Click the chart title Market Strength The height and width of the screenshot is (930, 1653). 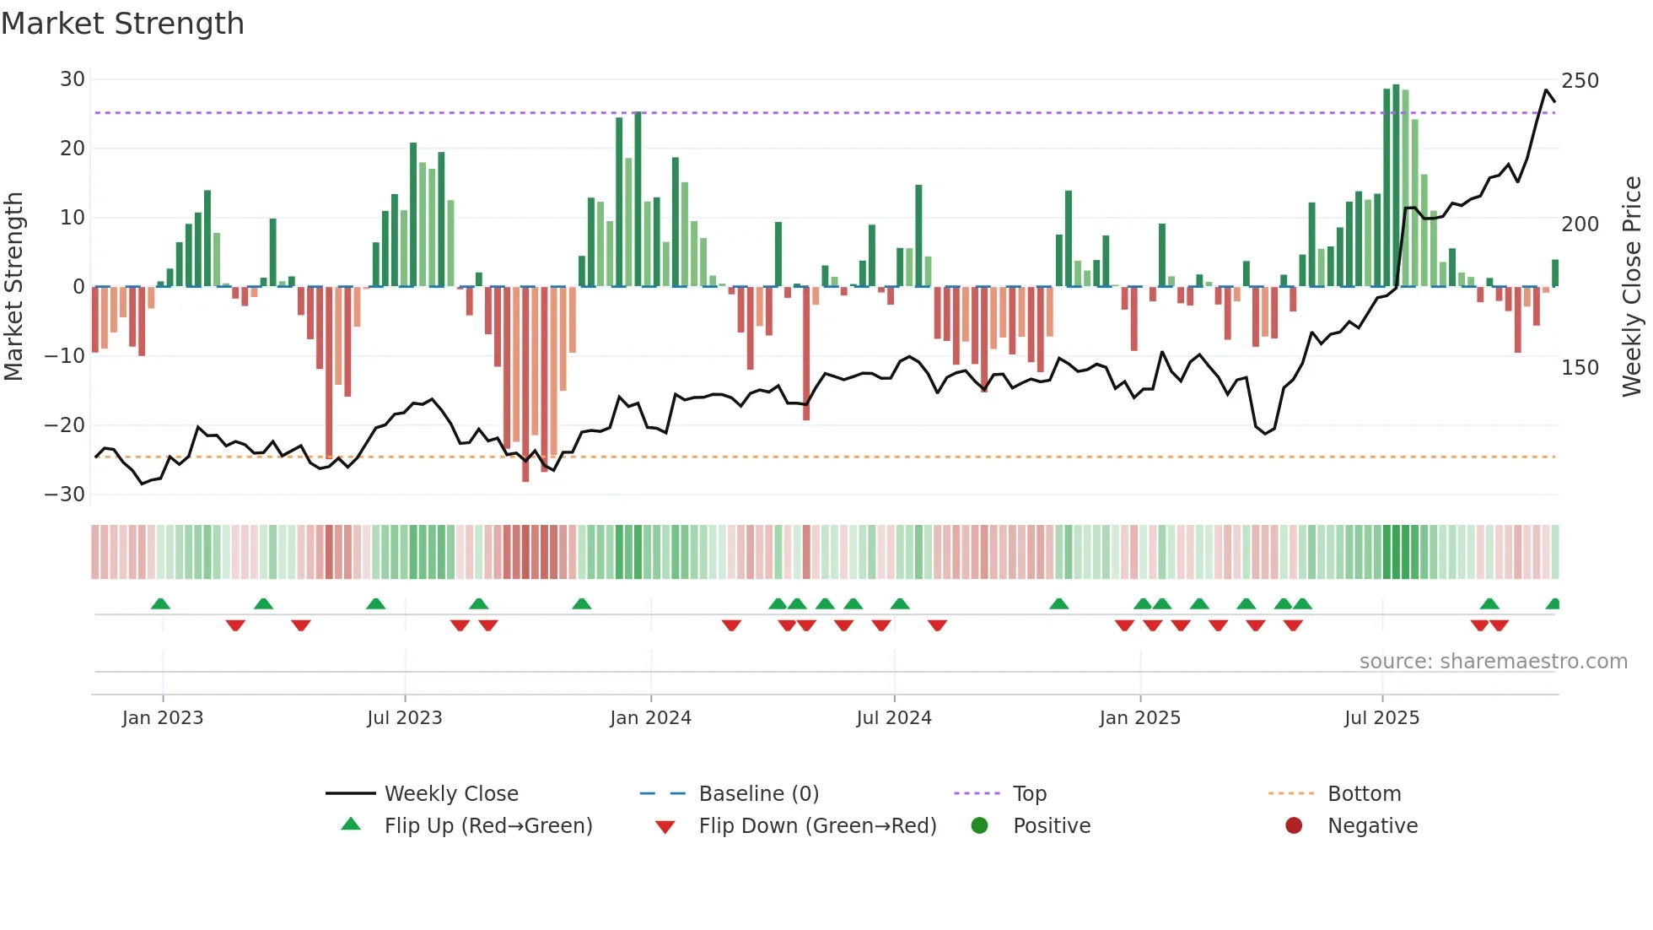click(122, 24)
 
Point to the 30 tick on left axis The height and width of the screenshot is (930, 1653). click(73, 79)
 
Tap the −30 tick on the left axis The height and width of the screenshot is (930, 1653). click(65, 495)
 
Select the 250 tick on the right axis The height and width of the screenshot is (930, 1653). click(1580, 81)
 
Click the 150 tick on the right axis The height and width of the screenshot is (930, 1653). click(1580, 368)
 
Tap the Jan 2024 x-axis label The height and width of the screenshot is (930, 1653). click(650, 718)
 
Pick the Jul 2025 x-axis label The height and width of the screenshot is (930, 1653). click(1381, 718)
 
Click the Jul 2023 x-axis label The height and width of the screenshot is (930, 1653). click(404, 718)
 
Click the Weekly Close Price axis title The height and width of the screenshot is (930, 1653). click(1632, 287)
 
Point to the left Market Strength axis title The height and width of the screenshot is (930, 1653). click(13, 287)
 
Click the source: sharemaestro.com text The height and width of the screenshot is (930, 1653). click(1493, 662)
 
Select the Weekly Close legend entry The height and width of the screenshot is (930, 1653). click(451, 794)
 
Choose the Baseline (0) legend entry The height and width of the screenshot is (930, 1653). click(758, 794)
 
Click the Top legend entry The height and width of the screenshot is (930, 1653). click(1029, 794)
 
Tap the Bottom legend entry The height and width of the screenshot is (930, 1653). click(1364, 794)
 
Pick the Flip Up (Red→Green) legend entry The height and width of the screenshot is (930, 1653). click(488, 826)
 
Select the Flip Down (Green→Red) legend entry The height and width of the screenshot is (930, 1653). click(817, 826)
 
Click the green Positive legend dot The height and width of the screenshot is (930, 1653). click(979, 825)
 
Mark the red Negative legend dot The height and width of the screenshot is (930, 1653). click(1294, 825)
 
